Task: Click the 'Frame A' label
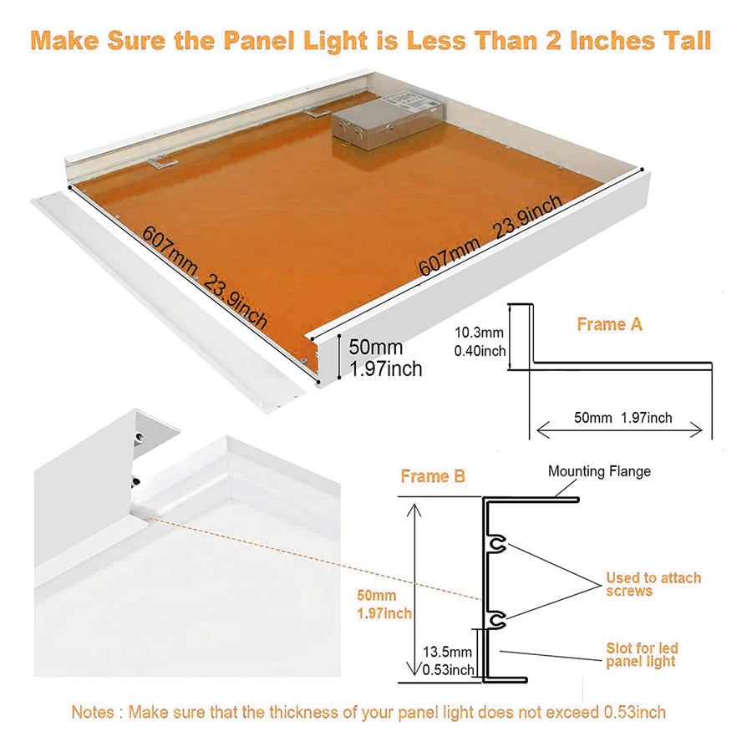tap(609, 325)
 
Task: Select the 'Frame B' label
tap(433, 476)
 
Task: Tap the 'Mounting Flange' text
tap(599, 471)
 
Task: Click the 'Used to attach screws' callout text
tap(653, 584)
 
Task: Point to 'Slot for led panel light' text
tap(642, 654)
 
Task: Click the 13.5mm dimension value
tap(447, 652)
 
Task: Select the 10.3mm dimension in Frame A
tap(479, 333)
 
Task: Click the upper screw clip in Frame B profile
tap(499, 544)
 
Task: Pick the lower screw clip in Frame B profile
tap(499, 620)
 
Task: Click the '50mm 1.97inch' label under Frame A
tap(622, 418)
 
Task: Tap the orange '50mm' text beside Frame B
tap(377, 596)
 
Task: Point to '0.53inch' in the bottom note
tap(634, 712)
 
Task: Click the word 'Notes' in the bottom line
tap(93, 712)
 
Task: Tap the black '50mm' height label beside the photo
tap(375, 347)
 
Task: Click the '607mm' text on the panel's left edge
tap(170, 250)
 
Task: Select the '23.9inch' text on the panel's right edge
tap(527, 216)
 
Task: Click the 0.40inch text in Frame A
tap(480, 351)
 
